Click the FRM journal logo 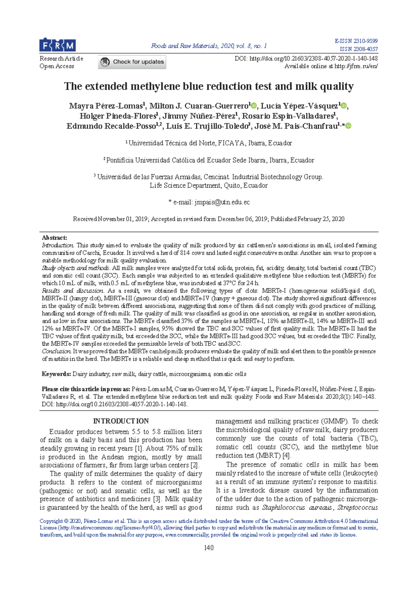(x=57, y=45)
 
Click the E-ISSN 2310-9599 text (x=356, y=41)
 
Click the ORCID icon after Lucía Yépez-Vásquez (x=344, y=106)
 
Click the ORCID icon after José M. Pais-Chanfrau (x=348, y=126)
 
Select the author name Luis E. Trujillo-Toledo (x=208, y=126)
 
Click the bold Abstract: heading (x=54, y=238)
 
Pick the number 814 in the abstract (x=185, y=253)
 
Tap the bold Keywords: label (x=56, y=374)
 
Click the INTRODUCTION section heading (x=121, y=421)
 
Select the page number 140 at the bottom (x=209, y=548)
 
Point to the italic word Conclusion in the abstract (x=57, y=351)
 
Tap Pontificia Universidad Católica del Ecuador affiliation (x=210, y=160)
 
